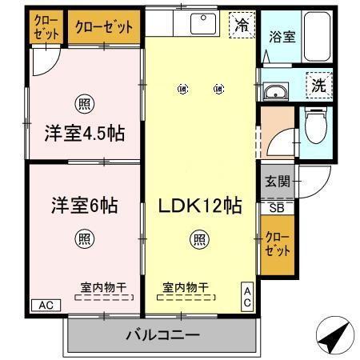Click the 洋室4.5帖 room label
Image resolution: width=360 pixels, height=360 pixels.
click(84, 133)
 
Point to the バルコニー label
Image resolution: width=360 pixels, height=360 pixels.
click(162, 334)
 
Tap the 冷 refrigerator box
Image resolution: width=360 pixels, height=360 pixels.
click(240, 25)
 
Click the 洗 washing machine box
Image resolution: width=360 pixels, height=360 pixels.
click(320, 83)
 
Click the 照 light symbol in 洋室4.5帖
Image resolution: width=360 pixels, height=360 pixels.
click(83, 102)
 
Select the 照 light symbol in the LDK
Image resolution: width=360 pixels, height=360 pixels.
click(200, 238)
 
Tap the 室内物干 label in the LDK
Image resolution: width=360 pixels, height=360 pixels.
click(185, 286)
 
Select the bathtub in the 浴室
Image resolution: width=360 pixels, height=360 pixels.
click(317, 36)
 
